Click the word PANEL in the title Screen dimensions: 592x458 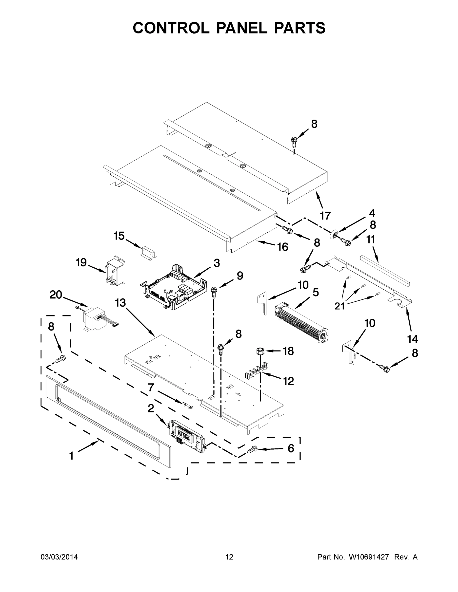coord(241,28)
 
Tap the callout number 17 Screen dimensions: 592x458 coord(325,216)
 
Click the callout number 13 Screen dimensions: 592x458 coord(120,303)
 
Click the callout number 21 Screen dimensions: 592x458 coord(339,306)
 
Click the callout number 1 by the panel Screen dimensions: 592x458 coord(71,456)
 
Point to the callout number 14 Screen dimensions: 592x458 coord(412,339)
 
